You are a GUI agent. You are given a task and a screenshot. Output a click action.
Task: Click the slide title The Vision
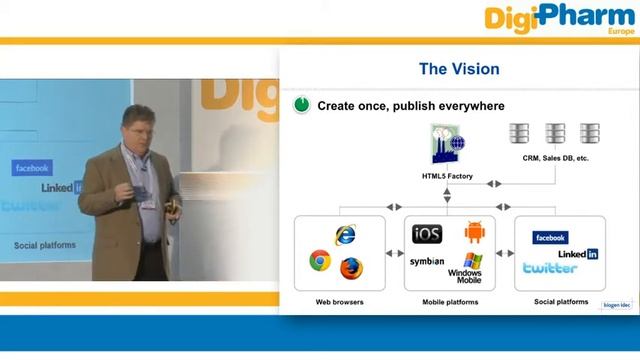pyautogui.click(x=458, y=69)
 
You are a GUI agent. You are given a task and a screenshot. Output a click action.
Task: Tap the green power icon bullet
pyautogui.click(x=301, y=105)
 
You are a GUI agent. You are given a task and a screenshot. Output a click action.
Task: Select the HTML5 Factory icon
pyautogui.click(x=448, y=146)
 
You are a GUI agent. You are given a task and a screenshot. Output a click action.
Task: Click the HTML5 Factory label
pyautogui.click(x=447, y=177)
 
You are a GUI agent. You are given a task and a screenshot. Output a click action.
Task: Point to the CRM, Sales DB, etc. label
pyautogui.click(x=556, y=158)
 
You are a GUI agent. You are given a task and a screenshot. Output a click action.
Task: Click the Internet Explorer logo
pyautogui.click(x=345, y=236)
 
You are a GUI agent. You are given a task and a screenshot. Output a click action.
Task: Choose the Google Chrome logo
pyautogui.click(x=320, y=261)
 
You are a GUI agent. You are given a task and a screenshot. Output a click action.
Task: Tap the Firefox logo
pyautogui.click(x=350, y=268)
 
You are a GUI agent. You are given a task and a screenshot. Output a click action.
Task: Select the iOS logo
pyautogui.click(x=427, y=234)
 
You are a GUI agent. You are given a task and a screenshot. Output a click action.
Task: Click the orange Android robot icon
pyautogui.click(x=474, y=233)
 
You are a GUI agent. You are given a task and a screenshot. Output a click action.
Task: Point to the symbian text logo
pyautogui.click(x=427, y=262)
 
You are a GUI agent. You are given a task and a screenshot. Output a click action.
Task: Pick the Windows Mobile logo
pyautogui.click(x=466, y=267)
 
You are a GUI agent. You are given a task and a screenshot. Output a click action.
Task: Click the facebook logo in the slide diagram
pyautogui.click(x=551, y=237)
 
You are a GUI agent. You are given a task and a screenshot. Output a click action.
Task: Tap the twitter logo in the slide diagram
pyautogui.click(x=550, y=268)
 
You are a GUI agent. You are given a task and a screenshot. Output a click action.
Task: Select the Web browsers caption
pyautogui.click(x=339, y=302)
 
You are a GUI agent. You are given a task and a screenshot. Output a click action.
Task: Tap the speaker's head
pyautogui.click(x=136, y=121)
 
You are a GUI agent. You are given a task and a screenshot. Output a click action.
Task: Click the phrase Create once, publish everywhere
pyautogui.click(x=410, y=105)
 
